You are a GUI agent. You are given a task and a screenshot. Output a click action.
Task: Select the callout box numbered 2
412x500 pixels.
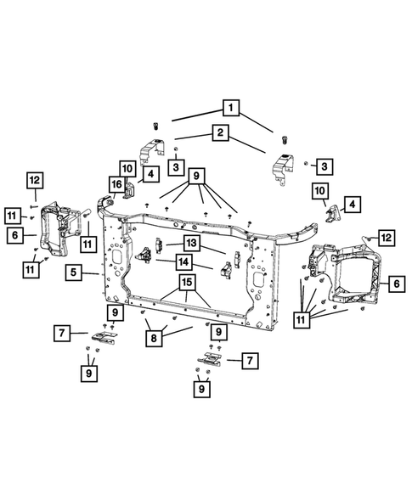[x=219, y=132]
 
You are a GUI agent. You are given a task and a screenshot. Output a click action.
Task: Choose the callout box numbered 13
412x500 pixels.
[x=191, y=244]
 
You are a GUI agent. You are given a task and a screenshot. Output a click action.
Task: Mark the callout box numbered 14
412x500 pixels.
[x=183, y=262]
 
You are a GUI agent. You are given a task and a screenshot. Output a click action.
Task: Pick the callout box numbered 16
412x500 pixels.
[x=116, y=184]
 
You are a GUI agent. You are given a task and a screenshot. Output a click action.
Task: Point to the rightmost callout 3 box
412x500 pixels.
[x=325, y=164]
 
